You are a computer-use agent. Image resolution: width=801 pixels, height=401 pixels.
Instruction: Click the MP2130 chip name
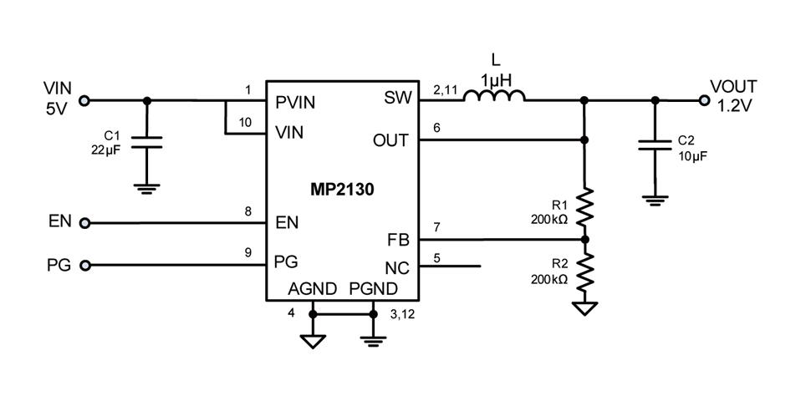342,190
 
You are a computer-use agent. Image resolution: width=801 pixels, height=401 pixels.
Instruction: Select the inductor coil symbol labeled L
494,99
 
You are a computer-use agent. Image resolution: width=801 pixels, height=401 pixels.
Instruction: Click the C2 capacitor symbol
655,145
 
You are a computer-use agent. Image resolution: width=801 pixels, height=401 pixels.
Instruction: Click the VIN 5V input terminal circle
84,100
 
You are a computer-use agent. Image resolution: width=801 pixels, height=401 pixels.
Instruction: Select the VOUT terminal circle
704,100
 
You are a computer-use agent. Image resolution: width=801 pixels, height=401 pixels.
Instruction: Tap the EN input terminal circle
84,223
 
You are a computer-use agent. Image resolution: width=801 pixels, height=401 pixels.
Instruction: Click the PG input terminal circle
84,266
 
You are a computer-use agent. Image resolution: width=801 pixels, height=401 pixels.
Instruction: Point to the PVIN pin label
295,102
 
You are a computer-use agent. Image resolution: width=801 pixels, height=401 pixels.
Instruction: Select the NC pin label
396,267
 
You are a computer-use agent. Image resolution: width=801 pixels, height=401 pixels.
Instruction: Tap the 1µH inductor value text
495,80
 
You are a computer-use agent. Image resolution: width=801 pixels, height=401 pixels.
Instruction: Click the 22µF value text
107,150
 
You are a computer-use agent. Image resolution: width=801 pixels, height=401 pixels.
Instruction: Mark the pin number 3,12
403,314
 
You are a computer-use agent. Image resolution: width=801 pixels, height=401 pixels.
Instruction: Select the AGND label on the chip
312,289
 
